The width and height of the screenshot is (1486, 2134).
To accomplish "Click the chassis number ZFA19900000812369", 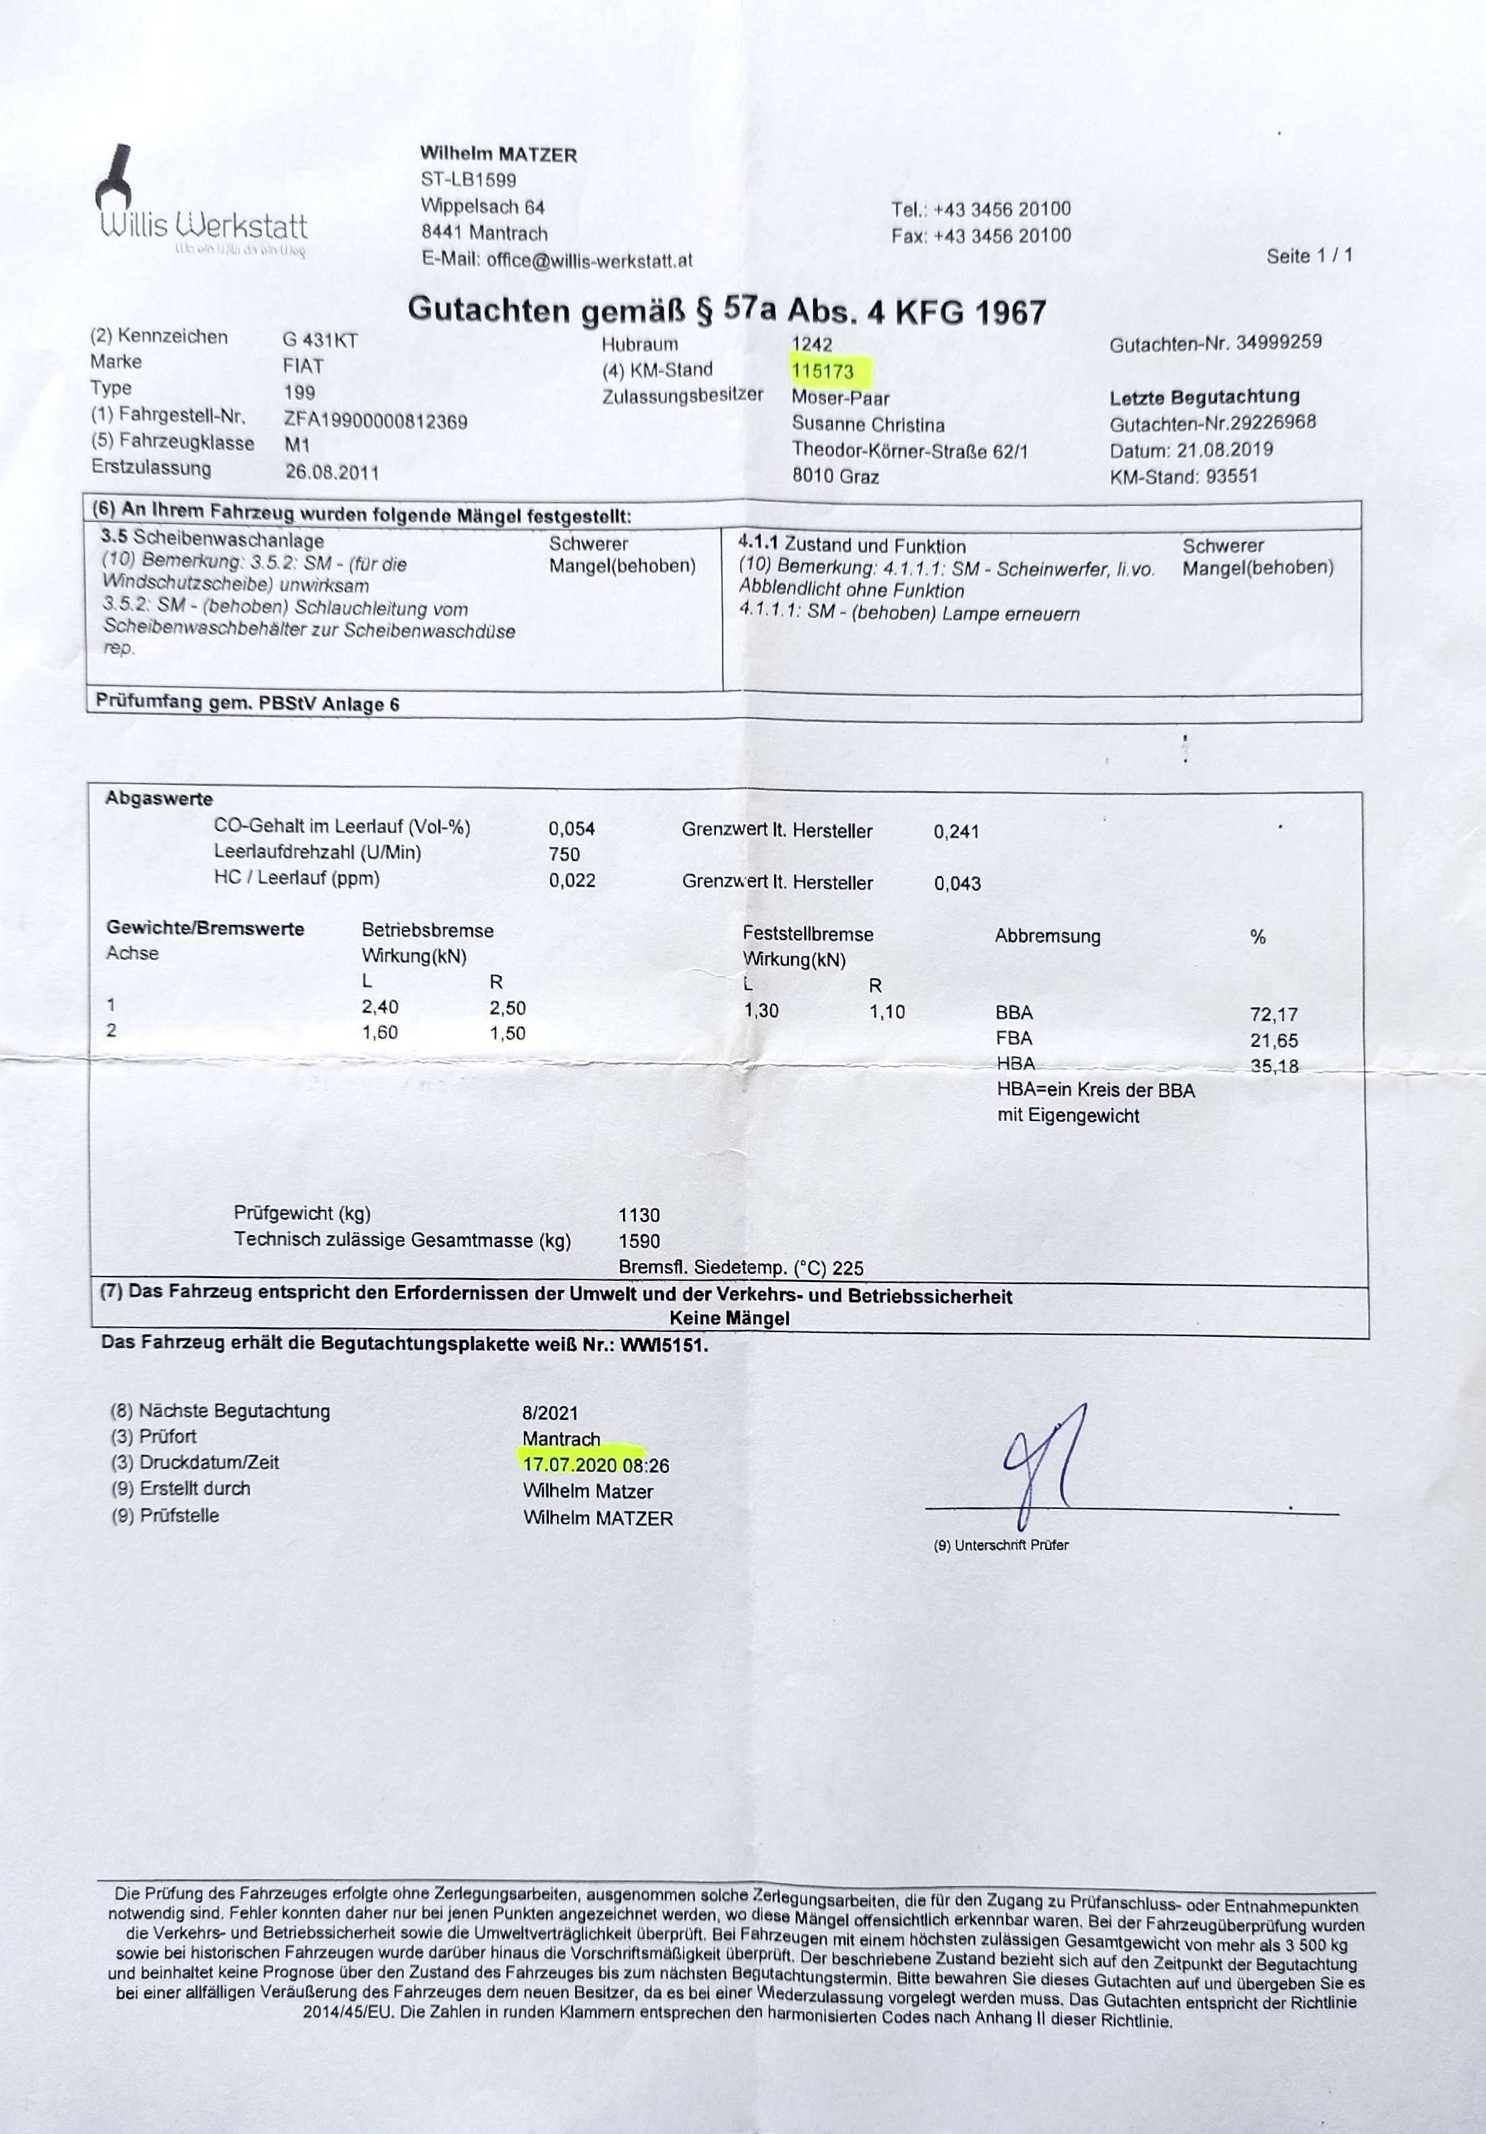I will coord(376,421).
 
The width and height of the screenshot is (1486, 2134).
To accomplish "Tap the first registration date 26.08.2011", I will coord(332,472).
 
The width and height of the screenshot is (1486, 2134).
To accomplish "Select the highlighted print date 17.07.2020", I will coord(570,1465).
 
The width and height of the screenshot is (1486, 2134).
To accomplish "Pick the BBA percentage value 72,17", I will coord(1273,1014).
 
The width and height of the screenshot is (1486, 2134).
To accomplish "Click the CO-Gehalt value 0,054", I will coord(572,828).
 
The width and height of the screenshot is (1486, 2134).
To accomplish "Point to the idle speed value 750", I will coord(564,854).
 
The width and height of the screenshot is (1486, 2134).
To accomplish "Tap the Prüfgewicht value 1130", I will coord(638,1215).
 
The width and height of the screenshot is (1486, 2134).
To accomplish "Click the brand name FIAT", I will coord(303,366).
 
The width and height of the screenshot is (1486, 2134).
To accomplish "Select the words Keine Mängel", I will coord(730,1317).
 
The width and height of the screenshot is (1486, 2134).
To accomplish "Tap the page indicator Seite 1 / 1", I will coord(1309,256).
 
